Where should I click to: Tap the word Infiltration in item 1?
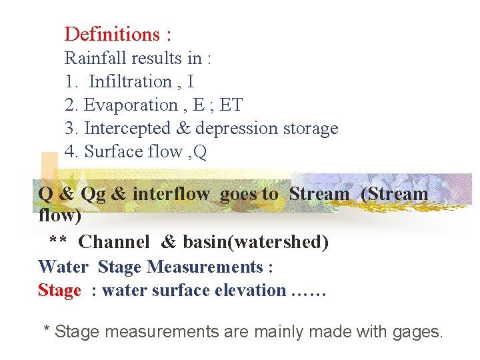131,81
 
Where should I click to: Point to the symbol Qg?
93,194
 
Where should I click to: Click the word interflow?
171,194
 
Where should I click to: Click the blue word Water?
63,267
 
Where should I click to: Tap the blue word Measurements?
205,267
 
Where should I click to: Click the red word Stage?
59,290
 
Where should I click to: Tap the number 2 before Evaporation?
70,105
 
